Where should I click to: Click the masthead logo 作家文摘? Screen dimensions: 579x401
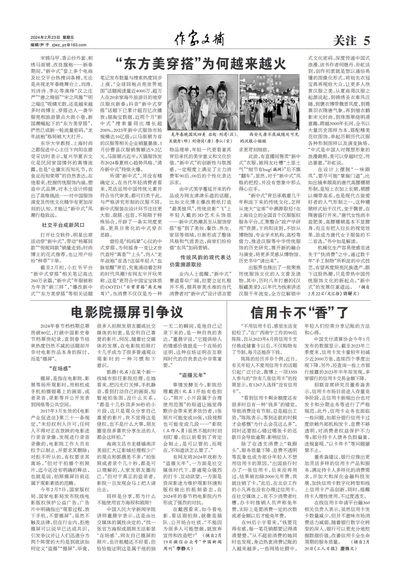pyautogui.click(x=199, y=40)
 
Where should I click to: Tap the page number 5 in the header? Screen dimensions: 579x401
pyautogui.click(x=367, y=41)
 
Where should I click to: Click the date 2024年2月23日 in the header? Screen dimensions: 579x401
pyautogui.click(x=45, y=38)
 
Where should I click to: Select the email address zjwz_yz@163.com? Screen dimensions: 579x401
pyautogui.click(x=69, y=45)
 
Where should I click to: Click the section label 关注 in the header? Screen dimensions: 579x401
pyautogui.click(x=345, y=41)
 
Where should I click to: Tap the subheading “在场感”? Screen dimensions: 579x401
pyautogui.click(x=60, y=368)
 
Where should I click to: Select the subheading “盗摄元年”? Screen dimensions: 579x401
pyautogui.click(x=192, y=375)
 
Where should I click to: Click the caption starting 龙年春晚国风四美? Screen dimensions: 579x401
pyautogui.click(x=203, y=138)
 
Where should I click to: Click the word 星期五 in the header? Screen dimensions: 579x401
pyautogui.click(x=68, y=38)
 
